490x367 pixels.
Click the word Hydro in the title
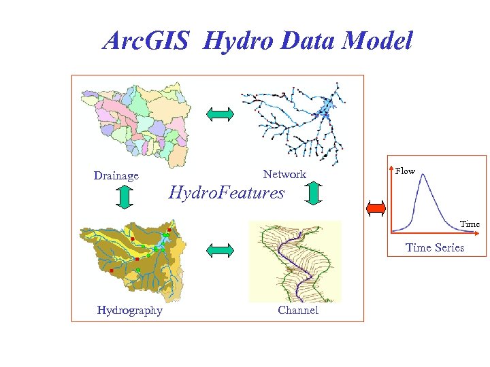233,42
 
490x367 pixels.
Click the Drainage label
116,176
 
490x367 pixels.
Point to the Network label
284,175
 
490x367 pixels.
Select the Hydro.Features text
226,193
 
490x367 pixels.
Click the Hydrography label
129,311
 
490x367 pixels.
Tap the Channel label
297,311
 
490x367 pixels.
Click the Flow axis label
405,171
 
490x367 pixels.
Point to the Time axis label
470,224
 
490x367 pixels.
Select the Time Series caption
435,247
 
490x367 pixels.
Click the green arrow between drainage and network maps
220,113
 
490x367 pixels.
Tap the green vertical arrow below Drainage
124,195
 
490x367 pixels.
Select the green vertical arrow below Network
314,194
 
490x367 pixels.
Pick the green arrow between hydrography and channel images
220,251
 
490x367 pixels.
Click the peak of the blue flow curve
422,175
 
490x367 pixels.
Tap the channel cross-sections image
294,261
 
